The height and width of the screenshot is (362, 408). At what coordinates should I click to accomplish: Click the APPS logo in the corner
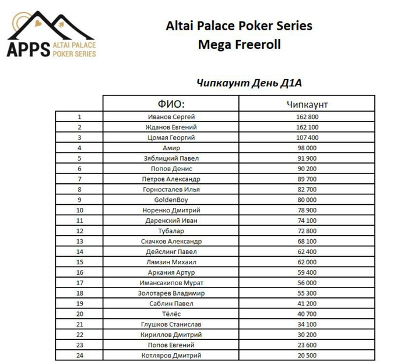pos(51,36)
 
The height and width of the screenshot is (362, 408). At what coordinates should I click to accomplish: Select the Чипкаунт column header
pos(307,104)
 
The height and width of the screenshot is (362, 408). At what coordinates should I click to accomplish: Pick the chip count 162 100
pos(307,127)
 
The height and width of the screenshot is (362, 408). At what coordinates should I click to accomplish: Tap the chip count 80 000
pos(307,200)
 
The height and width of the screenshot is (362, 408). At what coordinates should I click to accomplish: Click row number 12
pos(80,231)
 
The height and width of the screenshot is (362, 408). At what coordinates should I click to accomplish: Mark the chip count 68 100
pos(307,241)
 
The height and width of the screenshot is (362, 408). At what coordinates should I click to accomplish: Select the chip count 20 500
pos(307,355)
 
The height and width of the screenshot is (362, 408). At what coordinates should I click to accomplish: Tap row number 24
pos(80,355)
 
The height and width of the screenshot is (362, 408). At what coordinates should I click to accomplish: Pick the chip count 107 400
pos(307,137)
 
